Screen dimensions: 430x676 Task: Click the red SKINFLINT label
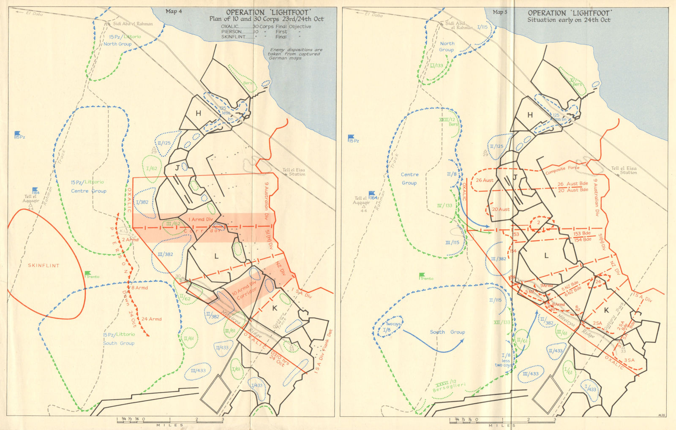pos(44,265)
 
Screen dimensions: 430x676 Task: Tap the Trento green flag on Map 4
pos(88,274)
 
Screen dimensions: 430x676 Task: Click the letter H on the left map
pos(198,113)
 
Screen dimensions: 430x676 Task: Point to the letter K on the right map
pos(607,310)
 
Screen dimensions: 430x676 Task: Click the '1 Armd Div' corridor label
pos(201,219)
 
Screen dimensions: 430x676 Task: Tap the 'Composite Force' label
pos(562,170)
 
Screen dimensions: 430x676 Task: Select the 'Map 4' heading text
pos(174,11)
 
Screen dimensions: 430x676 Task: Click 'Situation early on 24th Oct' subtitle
pos(569,20)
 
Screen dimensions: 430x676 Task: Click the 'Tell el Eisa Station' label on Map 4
pos(294,172)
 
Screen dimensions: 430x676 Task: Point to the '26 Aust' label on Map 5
pos(485,180)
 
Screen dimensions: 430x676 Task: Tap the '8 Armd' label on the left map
pos(139,288)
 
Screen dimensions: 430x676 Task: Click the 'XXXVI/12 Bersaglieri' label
pos(449,386)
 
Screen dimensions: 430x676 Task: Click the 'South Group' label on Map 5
pos(447,332)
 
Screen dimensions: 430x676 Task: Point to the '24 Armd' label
pos(151,319)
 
